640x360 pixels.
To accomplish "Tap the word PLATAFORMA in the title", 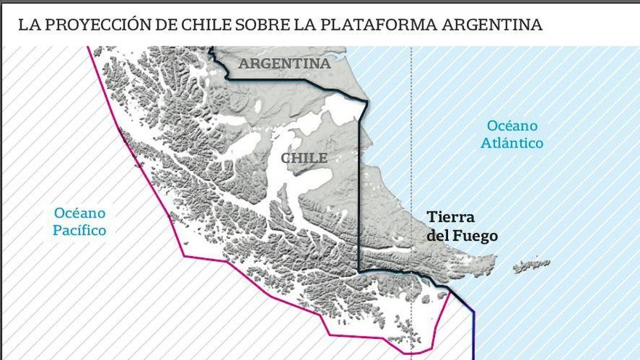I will click(x=379, y=25).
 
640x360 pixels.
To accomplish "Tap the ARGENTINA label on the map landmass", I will click(x=284, y=64).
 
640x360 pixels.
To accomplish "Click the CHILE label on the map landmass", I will click(x=303, y=158).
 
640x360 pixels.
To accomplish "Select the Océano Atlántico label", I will click(x=512, y=135).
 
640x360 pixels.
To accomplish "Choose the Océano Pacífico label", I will click(x=79, y=222).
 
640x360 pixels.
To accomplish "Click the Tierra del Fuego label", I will click(x=462, y=226).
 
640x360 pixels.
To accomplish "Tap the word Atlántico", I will click(x=512, y=143).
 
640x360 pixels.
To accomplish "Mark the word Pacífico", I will click(x=79, y=231).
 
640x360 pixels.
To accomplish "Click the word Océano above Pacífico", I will click(x=79, y=213).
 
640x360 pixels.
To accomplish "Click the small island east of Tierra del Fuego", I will click(x=532, y=265).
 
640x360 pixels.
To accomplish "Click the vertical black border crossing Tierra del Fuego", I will click(x=359, y=204).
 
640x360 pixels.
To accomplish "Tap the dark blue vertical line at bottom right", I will click(x=473, y=335).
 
